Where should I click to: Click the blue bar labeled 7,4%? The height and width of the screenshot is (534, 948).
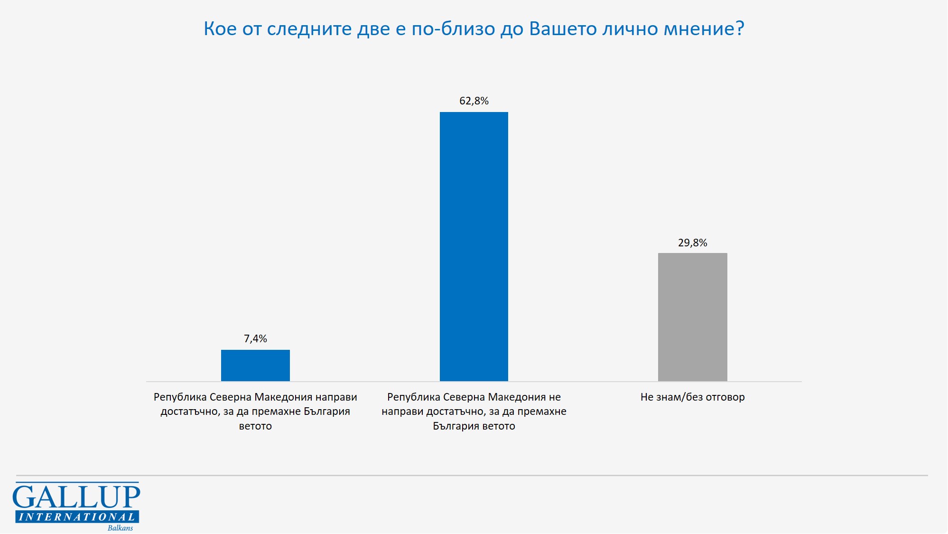coord(255,365)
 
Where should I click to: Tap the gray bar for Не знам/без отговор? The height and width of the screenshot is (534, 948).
coord(692,317)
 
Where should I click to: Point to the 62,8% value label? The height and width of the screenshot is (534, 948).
coord(474,101)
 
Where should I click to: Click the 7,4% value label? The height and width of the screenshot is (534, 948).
coord(255,338)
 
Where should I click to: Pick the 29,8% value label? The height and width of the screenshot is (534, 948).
coord(692,243)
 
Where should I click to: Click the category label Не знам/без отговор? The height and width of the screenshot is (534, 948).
coord(692,397)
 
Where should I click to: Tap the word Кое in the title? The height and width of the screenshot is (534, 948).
coord(220,29)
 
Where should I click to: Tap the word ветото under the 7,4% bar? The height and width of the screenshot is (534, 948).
coord(255,426)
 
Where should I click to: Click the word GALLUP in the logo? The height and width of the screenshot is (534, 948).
coord(76,497)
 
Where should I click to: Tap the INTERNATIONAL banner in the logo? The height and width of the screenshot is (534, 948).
coord(77,517)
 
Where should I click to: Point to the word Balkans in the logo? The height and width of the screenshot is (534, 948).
coord(120,528)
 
